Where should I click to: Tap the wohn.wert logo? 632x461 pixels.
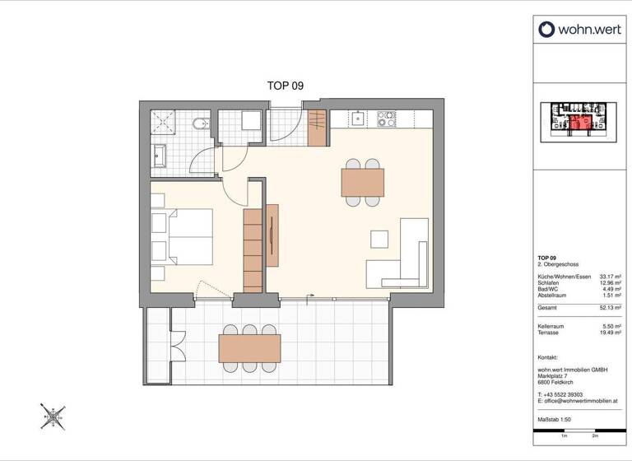click(x=574, y=30)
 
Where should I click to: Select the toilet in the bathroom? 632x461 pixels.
click(x=197, y=125)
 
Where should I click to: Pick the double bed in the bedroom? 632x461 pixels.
click(x=183, y=235)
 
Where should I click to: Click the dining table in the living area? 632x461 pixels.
click(x=362, y=180)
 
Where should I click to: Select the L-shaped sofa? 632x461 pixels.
click(x=403, y=259)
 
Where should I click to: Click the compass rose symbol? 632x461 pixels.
click(x=53, y=416)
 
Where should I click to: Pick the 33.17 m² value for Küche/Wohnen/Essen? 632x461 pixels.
click(x=608, y=276)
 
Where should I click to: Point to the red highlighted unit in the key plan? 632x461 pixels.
click(x=581, y=123)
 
